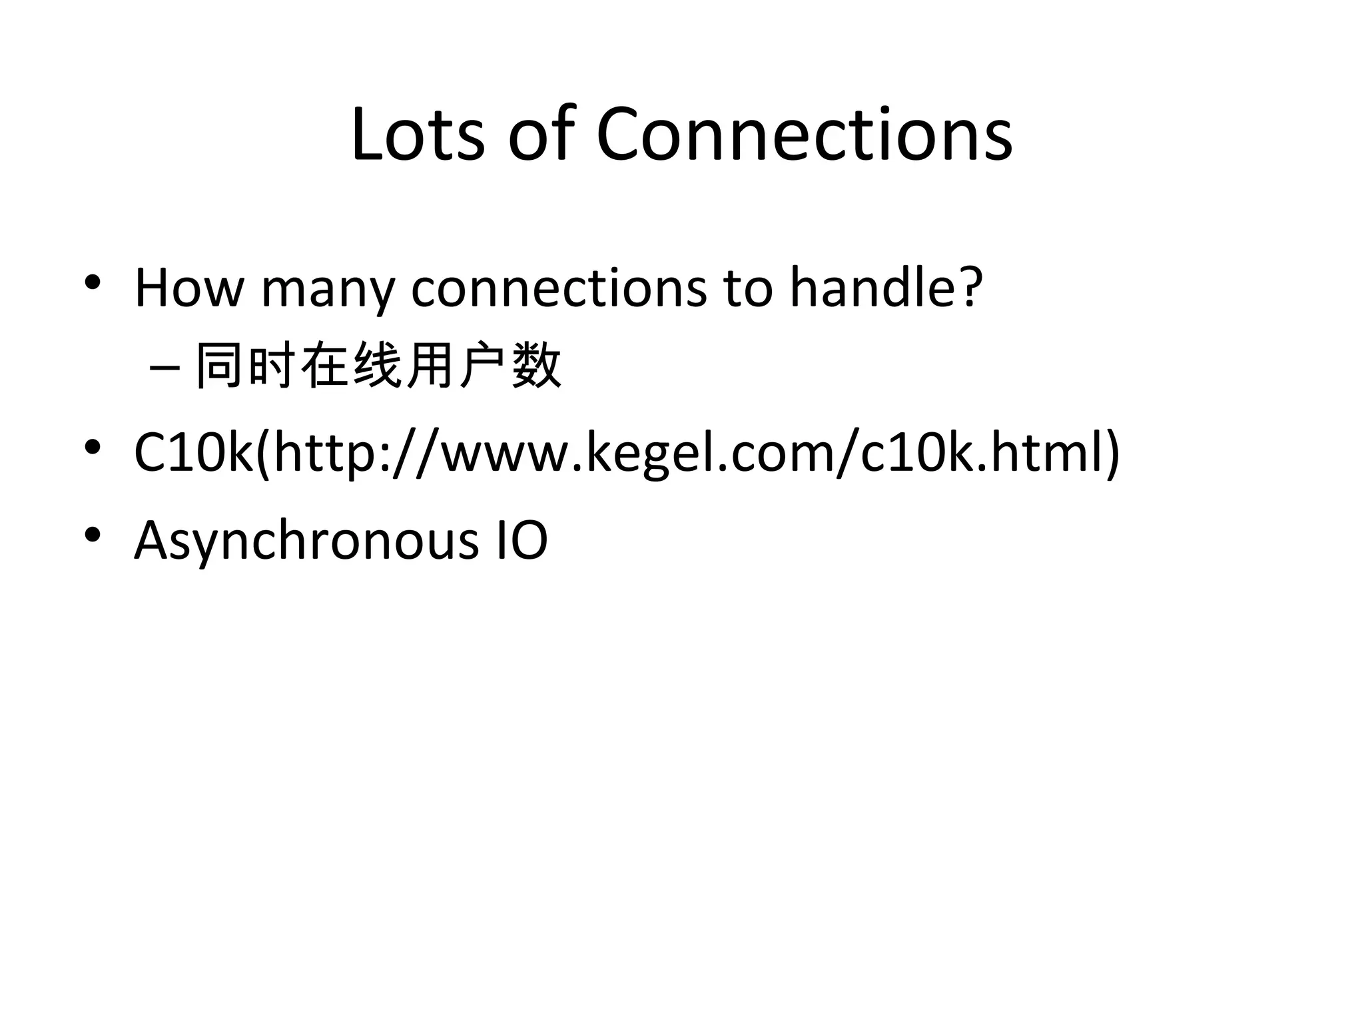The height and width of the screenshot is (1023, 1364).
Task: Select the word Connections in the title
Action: point(804,135)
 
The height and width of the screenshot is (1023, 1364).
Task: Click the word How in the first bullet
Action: point(189,288)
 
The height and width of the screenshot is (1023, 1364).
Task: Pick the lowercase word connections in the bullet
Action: point(559,288)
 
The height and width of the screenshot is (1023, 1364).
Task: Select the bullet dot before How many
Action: point(93,282)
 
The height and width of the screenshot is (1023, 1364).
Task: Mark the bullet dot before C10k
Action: point(93,447)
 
